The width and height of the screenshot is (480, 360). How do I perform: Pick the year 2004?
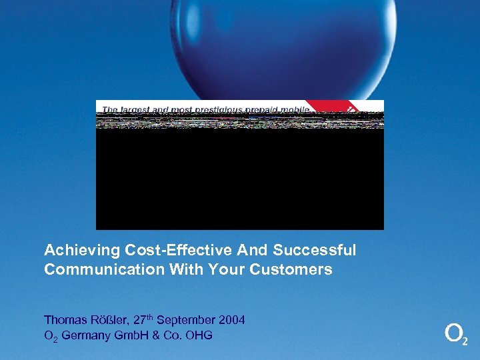231,320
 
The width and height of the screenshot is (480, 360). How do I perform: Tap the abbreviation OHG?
199,335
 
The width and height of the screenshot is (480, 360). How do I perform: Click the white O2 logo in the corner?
455,334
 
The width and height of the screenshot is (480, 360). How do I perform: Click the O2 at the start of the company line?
51,336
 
